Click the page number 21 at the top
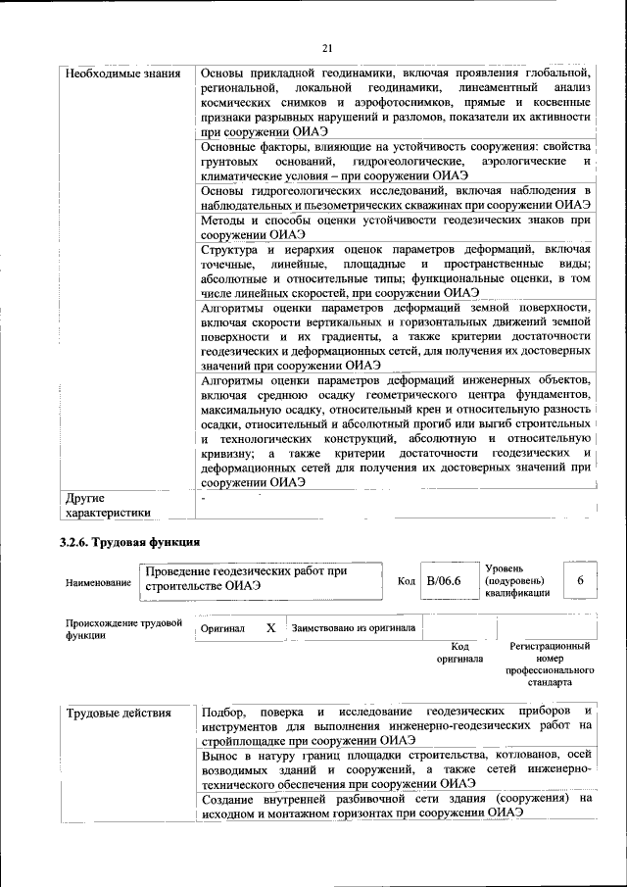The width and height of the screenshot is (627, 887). tap(327, 49)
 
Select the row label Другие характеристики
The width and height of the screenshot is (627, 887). tap(108, 504)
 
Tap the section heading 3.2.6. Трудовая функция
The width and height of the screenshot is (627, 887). tap(130, 541)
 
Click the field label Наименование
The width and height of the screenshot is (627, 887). tap(98, 583)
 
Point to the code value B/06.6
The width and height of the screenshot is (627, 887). tap(444, 582)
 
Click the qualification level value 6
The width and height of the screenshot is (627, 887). tap(580, 582)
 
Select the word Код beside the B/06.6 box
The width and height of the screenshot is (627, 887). tap(407, 582)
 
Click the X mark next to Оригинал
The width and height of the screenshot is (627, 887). tap(270, 627)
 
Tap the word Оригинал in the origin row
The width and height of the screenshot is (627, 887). tap(222, 628)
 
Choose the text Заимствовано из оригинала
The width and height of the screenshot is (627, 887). tap(353, 628)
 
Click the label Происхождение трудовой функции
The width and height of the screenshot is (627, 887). tap(123, 628)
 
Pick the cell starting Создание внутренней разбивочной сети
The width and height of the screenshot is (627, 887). tap(398, 807)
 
